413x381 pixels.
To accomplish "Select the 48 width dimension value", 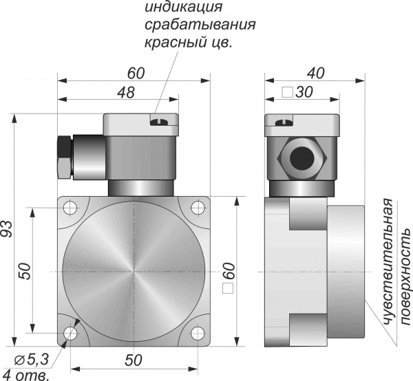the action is coord(126,92).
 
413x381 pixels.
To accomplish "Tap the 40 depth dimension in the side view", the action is coord(315,73).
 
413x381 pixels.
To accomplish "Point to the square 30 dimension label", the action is coord(297,92).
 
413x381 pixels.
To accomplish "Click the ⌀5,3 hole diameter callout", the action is coord(32,360).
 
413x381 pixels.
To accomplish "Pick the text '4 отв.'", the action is coord(25,375).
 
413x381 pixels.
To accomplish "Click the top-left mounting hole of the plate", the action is coord(70,208).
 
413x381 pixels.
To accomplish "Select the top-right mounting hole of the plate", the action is coord(198,208).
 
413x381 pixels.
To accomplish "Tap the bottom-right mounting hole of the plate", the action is coord(198,333).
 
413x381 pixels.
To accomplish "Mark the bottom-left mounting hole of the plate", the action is coord(70,333).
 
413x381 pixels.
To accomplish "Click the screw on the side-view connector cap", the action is coord(284,122).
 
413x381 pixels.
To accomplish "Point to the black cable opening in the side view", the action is coord(302,159).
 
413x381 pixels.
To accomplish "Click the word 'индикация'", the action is coord(184,7).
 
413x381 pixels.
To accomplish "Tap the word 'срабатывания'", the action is coord(200,25).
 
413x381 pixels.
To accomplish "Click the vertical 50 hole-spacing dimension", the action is coord(25,271).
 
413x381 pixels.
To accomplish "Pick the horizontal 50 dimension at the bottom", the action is coord(134,360).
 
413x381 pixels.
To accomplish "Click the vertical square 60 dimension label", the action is coord(229,278).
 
